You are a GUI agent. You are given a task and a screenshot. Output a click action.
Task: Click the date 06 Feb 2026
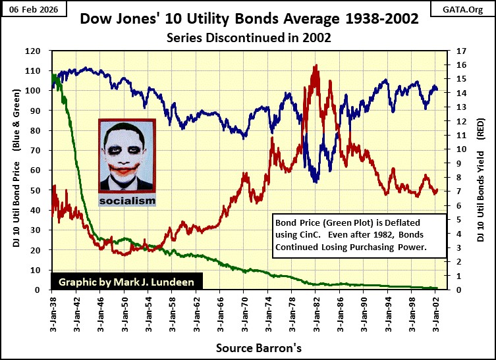pyautogui.click(x=28, y=9)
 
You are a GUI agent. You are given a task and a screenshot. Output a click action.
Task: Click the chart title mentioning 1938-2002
pyautogui.click(x=248, y=18)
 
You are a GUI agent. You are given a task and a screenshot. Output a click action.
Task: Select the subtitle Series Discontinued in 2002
pyautogui.click(x=248, y=38)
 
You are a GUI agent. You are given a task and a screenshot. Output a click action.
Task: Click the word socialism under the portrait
pyautogui.click(x=127, y=200)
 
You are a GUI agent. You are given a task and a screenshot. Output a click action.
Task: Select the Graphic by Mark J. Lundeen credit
pyautogui.click(x=126, y=281)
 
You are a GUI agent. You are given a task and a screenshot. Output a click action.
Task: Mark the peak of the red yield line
pyautogui.click(x=317, y=65)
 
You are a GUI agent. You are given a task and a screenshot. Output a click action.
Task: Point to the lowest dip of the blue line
pyautogui.click(x=317, y=182)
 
